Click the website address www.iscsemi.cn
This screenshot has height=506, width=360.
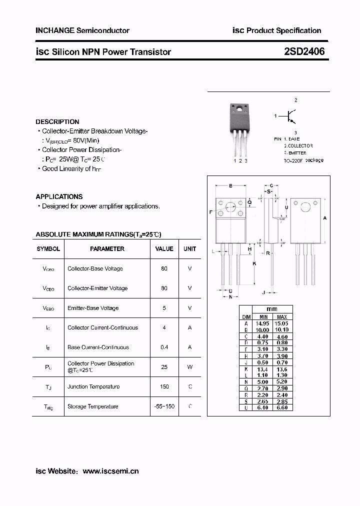110,471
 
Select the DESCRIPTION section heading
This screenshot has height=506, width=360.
57,121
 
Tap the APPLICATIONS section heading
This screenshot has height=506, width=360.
59,196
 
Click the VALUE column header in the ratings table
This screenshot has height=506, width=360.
164,248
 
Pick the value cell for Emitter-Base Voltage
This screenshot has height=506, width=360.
164,308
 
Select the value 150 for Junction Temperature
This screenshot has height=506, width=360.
164,386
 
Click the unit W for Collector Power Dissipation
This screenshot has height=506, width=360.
190,367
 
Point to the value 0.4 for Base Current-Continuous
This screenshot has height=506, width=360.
164,347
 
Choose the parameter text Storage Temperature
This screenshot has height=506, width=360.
93,406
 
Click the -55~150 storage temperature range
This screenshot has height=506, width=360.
164,406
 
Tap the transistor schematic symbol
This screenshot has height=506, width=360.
289,116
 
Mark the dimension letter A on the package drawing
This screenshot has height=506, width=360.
325,218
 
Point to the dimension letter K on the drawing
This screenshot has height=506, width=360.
254,263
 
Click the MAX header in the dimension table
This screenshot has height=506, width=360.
282,317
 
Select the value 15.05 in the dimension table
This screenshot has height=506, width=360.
282,323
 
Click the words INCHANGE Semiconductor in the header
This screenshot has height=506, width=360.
82,30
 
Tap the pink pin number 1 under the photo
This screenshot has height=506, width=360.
235,160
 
